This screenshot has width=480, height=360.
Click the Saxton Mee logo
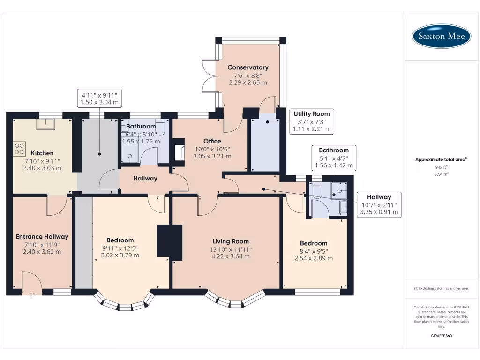(441, 36)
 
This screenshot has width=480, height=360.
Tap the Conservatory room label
(248, 67)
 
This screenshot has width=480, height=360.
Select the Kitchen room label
(42, 153)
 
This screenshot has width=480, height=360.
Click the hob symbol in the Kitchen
(20, 149)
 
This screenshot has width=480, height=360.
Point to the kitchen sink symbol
(47, 123)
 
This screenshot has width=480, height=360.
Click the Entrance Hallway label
(42, 237)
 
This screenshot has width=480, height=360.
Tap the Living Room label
(230, 241)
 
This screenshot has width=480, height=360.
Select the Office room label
(212, 141)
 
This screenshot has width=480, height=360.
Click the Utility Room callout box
(311, 121)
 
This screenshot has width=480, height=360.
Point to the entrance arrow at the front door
(32, 295)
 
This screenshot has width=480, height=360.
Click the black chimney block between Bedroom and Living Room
(169, 241)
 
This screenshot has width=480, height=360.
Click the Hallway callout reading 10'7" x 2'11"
(379, 204)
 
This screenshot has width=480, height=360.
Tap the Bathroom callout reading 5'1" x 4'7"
(334, 158)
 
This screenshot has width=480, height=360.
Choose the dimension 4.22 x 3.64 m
(230, 256)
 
